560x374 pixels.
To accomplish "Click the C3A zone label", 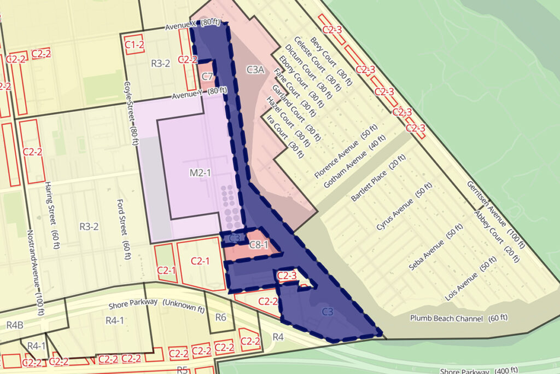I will (255, 70).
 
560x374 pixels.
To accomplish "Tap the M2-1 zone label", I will (201, 173).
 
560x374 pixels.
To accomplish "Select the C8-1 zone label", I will (259, 245).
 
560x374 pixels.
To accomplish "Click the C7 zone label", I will (207, 76).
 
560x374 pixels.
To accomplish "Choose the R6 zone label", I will (221, 317).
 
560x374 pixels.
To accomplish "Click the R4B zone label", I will (14, 325).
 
